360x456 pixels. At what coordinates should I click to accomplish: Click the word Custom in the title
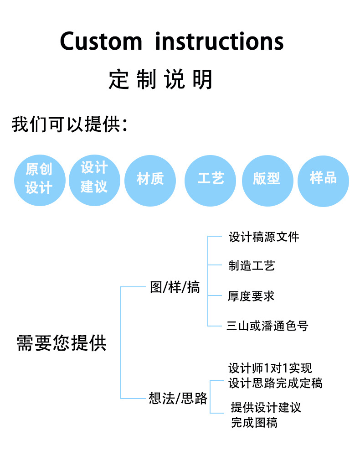101,41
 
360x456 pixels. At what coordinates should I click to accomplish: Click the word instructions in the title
219,41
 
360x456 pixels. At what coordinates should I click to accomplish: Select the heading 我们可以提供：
69,124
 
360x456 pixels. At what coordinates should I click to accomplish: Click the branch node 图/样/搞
175,288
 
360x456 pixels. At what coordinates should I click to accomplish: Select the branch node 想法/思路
178,399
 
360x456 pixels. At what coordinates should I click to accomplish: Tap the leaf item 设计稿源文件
264,237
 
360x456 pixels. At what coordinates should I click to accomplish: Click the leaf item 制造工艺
252,266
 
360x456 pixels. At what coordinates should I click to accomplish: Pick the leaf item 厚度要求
251,296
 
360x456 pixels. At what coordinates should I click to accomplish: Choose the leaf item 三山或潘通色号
267,326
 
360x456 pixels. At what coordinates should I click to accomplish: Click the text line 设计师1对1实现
270,368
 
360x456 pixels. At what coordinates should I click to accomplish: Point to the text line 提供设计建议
266,407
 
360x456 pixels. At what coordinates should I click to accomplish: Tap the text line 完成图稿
254,423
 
